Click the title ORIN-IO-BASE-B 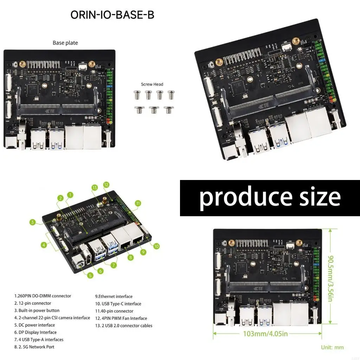pos(112,15)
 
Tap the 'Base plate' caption pos(65,43)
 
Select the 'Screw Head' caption pos(152,84)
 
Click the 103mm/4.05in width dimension pos(268,333)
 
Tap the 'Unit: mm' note pos(332,347)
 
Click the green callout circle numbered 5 pos(90,276)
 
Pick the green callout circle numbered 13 pos(94,188)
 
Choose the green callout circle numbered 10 pos(156,246)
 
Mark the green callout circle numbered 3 pos(33,222)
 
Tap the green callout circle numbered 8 pos(131,258)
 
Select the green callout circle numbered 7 pos(114,265)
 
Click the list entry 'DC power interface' pos(34,325)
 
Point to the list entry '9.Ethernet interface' pos(114,296)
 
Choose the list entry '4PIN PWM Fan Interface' pos(123,318)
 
